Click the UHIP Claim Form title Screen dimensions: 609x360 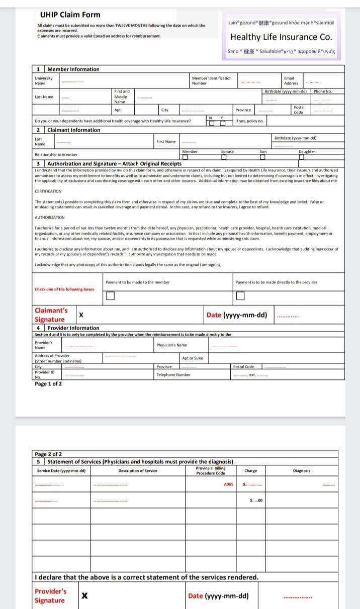70,15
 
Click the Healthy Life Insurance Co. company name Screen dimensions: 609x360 281,37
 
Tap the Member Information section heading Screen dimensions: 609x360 73,69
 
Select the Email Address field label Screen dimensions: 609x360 291,80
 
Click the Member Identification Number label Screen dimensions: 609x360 212,80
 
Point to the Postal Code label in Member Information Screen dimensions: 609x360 299,110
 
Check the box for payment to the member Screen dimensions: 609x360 110,296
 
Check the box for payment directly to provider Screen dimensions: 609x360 240,296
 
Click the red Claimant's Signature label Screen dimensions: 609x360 51,315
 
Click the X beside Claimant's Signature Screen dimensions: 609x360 81,315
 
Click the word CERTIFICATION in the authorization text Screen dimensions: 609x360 48,191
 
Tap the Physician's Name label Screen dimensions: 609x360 171,345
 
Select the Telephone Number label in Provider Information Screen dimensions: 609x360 173,374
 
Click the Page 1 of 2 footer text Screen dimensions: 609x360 48,384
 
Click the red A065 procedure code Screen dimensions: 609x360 228,484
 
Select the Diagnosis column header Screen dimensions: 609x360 301,471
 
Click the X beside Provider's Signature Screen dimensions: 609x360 85,595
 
